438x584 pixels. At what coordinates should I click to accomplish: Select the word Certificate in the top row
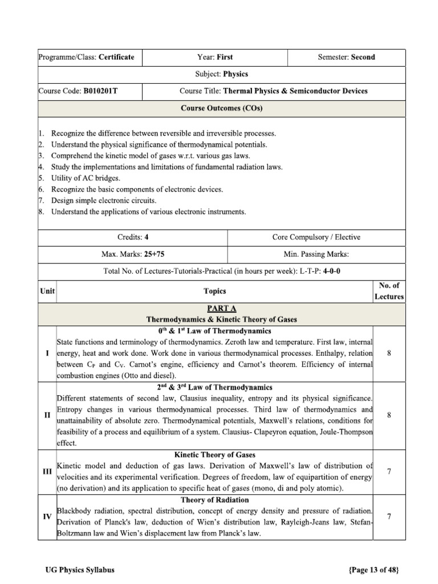(x=117, y=57)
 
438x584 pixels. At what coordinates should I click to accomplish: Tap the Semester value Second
(x=363, y=57)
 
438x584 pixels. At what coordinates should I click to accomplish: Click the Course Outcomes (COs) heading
(x=221, y=107)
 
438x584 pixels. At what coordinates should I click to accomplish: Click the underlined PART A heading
(x=222, y=309)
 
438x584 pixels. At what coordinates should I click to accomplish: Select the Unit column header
(x=47, y=291)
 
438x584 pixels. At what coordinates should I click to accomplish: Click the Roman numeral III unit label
(x=47, y=472)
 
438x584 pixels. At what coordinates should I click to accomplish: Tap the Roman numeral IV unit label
(x=47, y=517)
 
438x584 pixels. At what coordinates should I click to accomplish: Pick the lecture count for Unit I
(x=388, y=354)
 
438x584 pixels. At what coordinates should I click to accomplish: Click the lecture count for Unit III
(x=388, y=472)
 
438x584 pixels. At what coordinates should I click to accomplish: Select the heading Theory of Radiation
(x=214, y=500)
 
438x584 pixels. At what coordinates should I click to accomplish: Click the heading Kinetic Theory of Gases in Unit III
(x=214, y=455)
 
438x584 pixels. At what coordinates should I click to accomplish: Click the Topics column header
(x=214, y=291)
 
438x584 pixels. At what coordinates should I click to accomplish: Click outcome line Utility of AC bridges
(x=86, y=178)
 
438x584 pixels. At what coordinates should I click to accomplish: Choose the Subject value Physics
(x=236, y=74)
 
